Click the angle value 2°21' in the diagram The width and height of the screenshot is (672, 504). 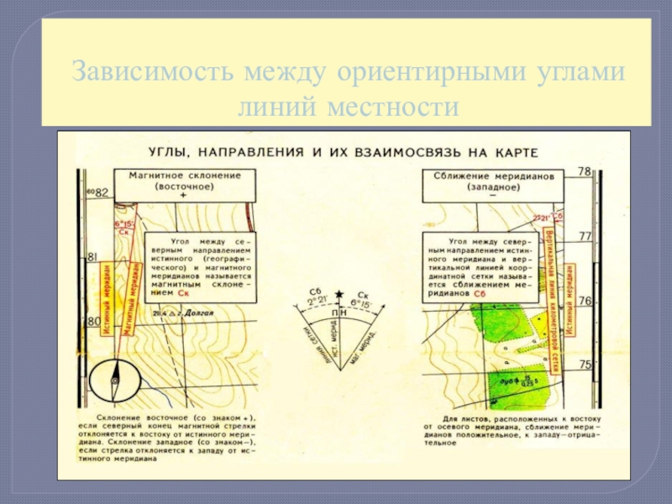click(317, 301)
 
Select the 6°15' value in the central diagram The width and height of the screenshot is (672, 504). click(359, 302)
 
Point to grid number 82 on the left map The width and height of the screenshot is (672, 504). click(102, 192)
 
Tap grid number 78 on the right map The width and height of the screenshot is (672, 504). click(585, 171)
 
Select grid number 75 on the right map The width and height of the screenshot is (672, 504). click(585, 364)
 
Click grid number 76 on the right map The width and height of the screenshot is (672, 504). click(585, 300)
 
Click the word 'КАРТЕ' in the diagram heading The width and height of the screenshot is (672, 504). click(512, 151)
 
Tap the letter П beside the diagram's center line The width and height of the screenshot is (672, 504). click(333, 312)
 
